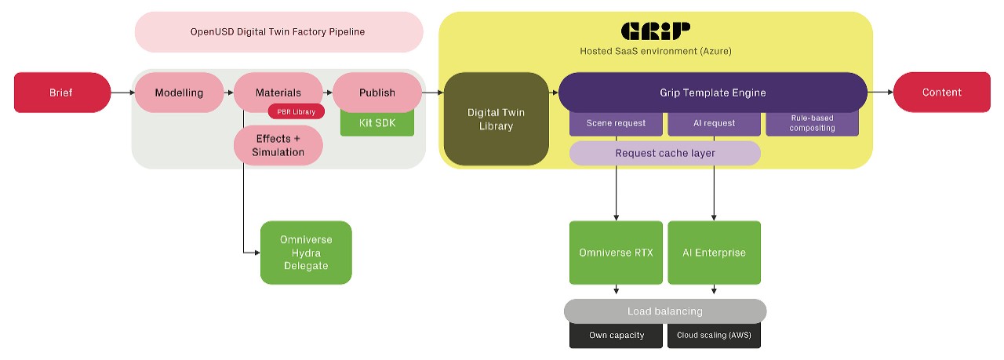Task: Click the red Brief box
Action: click(x=62, y=93)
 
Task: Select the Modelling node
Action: click(x=179, y=93)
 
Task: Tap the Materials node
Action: click(x=278, y=93)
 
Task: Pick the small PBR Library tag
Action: click(x=296, y=111)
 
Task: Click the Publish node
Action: click(x=376, y=93)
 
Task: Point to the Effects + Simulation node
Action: click(x=278, y=146)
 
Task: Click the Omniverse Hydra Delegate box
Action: click(x=306, y=253)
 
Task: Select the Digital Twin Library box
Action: click(x=496, y=119)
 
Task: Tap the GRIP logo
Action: click(x=656, y=31)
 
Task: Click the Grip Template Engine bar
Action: click(x=712, y=93)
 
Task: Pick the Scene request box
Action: click(x=616, y=124)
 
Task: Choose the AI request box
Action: click(x=714, y=124)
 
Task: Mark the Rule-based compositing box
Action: click(x=812, y=124)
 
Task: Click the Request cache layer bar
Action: click(x=664, y=153)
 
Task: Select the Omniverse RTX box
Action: click(x=616, y=253)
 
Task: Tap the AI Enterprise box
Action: click(x=714, y=253)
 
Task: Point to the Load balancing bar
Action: click(x=664, y=311)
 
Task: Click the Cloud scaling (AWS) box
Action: click(x=714, y=336)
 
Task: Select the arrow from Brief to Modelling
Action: click(x=122, y=93)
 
